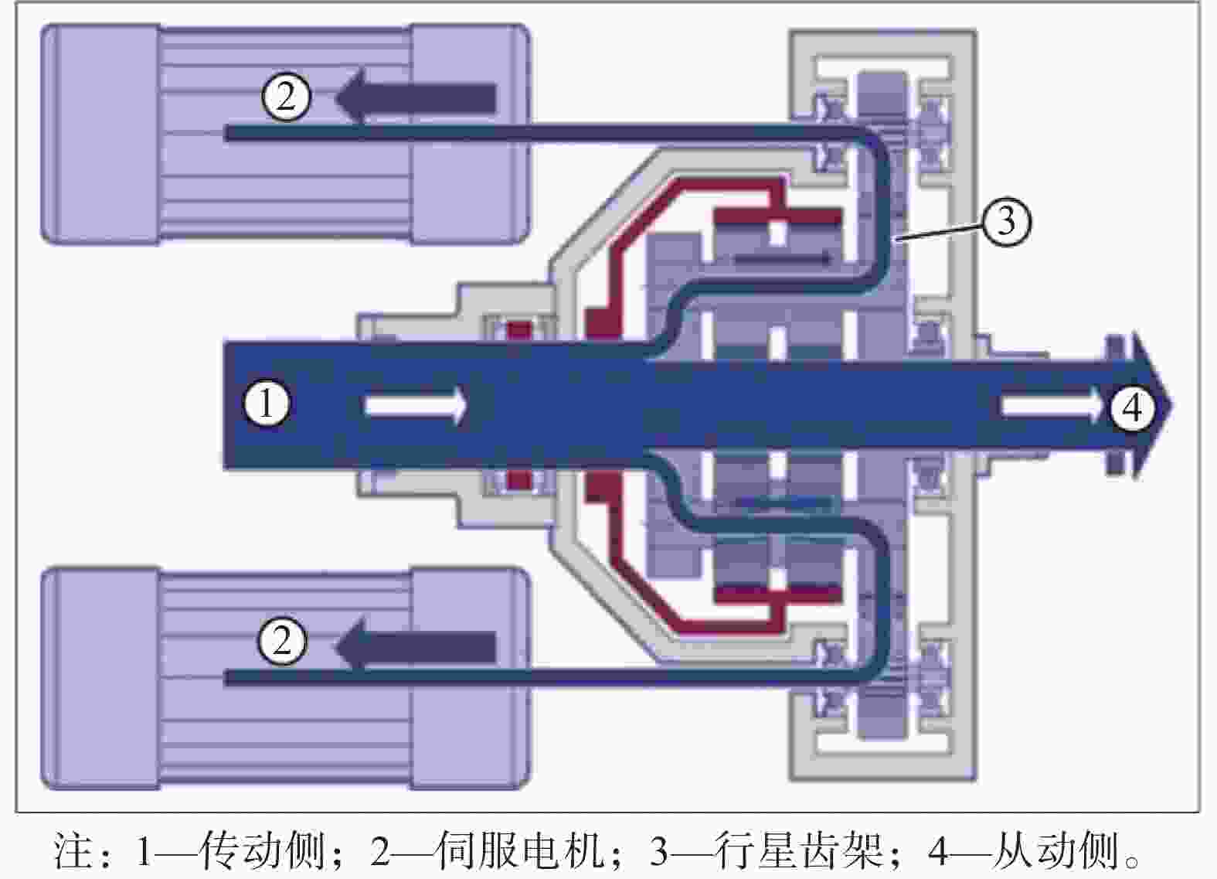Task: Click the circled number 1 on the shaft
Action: coord(267,404)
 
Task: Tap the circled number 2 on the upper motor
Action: coord(287,97)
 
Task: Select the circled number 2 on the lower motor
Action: coord(282,641)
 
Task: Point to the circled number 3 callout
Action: coord(1007,222)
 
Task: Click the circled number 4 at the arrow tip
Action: coord(1132,407)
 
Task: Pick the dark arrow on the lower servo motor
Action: coord(415,646)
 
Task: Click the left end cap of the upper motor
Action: coord(101,134)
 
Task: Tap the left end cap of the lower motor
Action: coord(101,678)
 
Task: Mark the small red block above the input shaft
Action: coord(519,332)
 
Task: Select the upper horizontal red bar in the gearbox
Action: coord(777,217)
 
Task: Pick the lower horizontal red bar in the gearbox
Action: coord(777,595)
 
